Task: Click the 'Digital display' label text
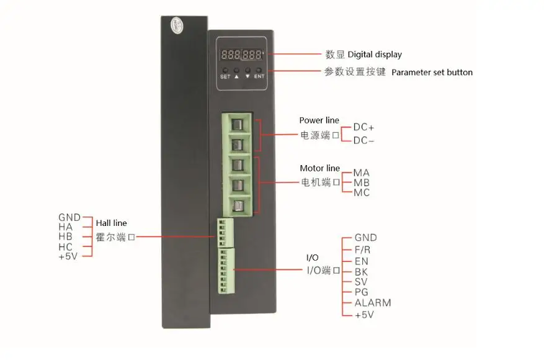pyautogui.click(x=375, y=55)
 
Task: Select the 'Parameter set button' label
pyautogui.click(x=432, y=72)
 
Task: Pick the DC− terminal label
pyautogui.click(x=363, y=140)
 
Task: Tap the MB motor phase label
pyautogui.click(x=362, y=182)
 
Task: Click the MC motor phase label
pyautogui.click(x=362, y=193)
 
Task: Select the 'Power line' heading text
pyautogui.click(x=319, y=120)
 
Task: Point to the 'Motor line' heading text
pyautogui.click(x=319, y=168)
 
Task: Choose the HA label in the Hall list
pyautogui.click(x=66, y=227)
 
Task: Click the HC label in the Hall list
pyautogui.click(x=66, y=247)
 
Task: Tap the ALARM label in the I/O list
pyautogui.click(x=372, y=303)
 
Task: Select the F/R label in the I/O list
pyautogui.click(x=362, y=250)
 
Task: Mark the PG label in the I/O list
pyautogui.click(x=362, y=292)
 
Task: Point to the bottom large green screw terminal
pyautogui.click(x=236, y=205)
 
